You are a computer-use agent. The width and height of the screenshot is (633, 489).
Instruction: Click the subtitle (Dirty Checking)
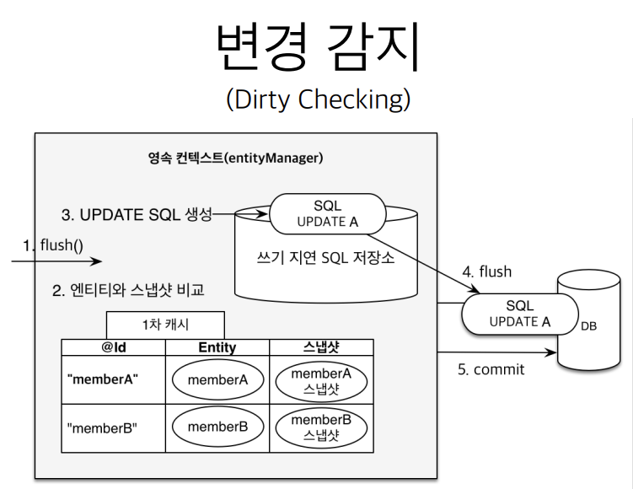(x=318, y=99)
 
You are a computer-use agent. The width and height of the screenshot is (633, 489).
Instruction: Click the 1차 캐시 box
(x=165, y=325)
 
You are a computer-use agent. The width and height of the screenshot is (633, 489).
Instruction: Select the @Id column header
(x=114, y=347)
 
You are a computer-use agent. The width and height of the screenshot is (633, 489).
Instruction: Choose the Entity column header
(x=217, y=347)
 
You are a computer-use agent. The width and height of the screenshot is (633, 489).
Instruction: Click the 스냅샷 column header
(x=320, y=347)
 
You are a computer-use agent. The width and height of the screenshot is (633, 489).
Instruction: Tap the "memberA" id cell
(x=104, y=379)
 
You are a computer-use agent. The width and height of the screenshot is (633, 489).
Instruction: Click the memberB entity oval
(x=217, y=427)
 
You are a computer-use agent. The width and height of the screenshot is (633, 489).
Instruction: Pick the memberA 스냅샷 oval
(x=320, y=379)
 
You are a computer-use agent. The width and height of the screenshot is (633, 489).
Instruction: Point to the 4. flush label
(x=486, y=271)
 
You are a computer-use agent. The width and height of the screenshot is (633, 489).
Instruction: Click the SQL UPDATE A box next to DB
(x=520, y=314)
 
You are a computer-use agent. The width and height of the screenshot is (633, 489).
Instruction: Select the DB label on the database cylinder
(x=588, y=325)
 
